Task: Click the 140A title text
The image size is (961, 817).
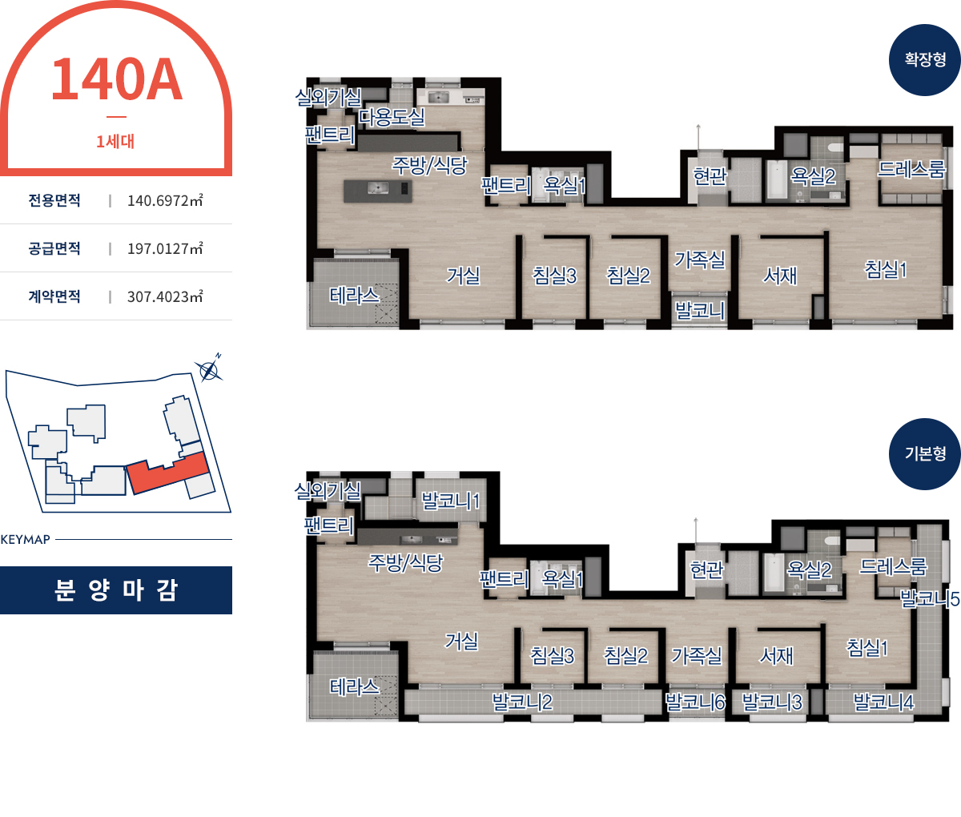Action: coord(116,79)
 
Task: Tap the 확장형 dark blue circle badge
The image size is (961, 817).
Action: coord(924,60)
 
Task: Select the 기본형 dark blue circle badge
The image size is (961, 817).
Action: coord(924,454)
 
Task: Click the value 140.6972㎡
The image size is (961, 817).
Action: coord(165,200)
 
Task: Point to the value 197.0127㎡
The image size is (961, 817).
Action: coord(165,249)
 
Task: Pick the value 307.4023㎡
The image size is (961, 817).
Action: coord(165,296)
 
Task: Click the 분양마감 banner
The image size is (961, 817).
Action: coord(116,590)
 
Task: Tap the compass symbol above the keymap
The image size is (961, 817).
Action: coord(209,370)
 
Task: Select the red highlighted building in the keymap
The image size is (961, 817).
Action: coord(168,473)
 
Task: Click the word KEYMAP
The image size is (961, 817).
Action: coord(25,539)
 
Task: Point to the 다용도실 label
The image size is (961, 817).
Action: coord(392,117)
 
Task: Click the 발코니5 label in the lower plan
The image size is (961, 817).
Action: coord(930,599)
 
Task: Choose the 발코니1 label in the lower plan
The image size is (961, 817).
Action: coord(450,501)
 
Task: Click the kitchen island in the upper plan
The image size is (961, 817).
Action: coord(377,191)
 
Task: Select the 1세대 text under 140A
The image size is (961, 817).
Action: coord(115,141)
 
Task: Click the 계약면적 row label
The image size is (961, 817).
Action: coord(54,296)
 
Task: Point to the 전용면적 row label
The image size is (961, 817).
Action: coord(54,200)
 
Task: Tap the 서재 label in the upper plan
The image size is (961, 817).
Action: coord(780,276)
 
